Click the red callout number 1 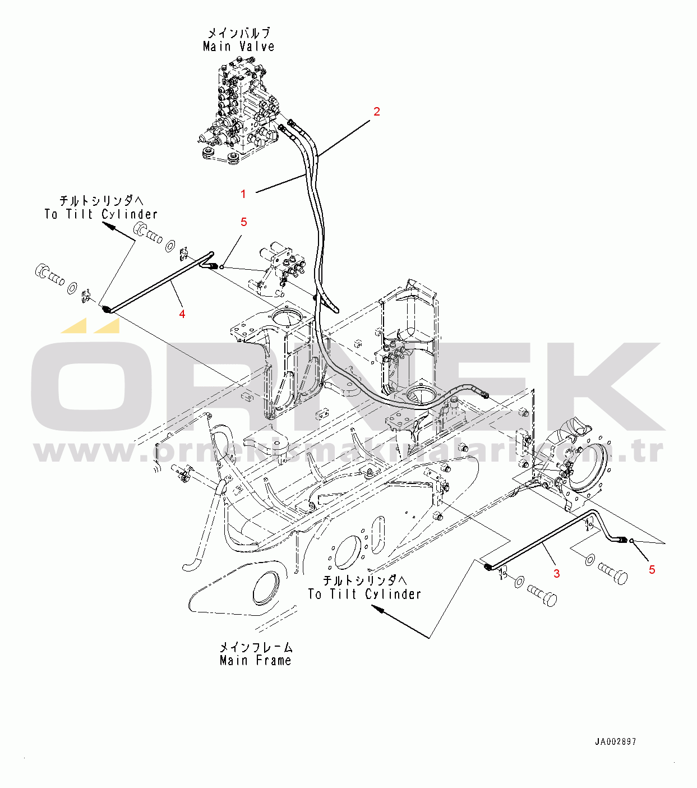(243, 194)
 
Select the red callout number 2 (377, 112)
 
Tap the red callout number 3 (556, 573)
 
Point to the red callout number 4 (182, 314)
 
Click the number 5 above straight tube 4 (244, 222)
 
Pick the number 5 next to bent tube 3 (652, 570)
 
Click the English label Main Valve (239, 47)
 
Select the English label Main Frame (256, 661)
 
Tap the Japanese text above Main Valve (239, 33)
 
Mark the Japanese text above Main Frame (256, 647)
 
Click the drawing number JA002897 (615, 741)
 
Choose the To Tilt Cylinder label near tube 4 (101, 214)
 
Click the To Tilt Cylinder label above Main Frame (364, 594)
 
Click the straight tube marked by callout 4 (157, 283)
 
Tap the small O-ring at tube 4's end (222, 267)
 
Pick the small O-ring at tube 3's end (631, 540)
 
